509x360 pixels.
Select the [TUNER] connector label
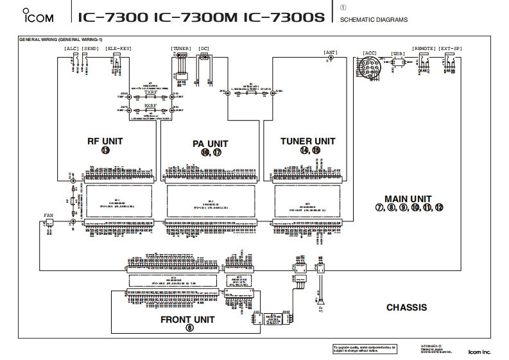(181, 49)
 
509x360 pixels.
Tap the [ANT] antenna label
(331, 51)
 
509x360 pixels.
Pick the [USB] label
(397, 54)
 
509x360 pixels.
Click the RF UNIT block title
(105, 141)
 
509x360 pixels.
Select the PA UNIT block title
(211, 144)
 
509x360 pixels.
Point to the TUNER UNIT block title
(308, 141)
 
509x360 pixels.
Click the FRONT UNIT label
(187, 319)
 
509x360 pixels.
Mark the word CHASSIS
(406, 307)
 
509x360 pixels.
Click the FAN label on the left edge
(49, 216)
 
